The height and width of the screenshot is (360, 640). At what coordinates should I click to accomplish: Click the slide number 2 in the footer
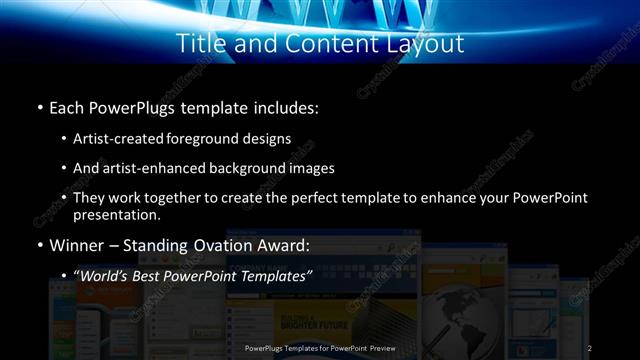pos(589,347)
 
